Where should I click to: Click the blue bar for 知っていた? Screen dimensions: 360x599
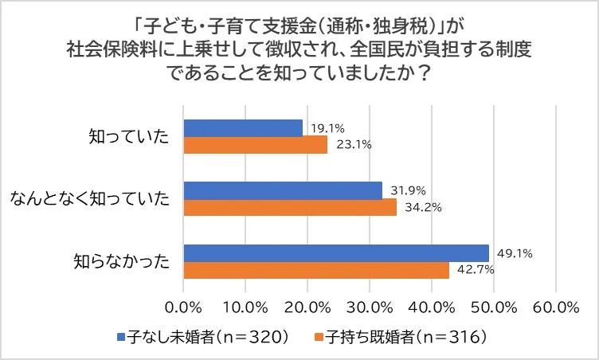click(x=243, y=127)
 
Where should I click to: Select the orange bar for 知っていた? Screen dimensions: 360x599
click(x=256, y=144)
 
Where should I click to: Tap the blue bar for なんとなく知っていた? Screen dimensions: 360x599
click(x=283, y=190)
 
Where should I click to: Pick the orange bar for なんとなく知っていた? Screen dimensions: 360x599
click(x=290, y=207)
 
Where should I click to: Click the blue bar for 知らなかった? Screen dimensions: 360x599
click(x=336, y=252)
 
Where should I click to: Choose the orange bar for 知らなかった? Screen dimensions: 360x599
click(x=316, y=269)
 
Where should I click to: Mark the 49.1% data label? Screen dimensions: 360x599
click(x=514, y=253)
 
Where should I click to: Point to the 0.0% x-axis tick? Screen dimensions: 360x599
click(x=184, y=307)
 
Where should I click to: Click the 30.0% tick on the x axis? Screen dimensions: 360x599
click(x=370, y=307)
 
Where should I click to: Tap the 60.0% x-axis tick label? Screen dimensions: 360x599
click(x=555, y=307)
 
